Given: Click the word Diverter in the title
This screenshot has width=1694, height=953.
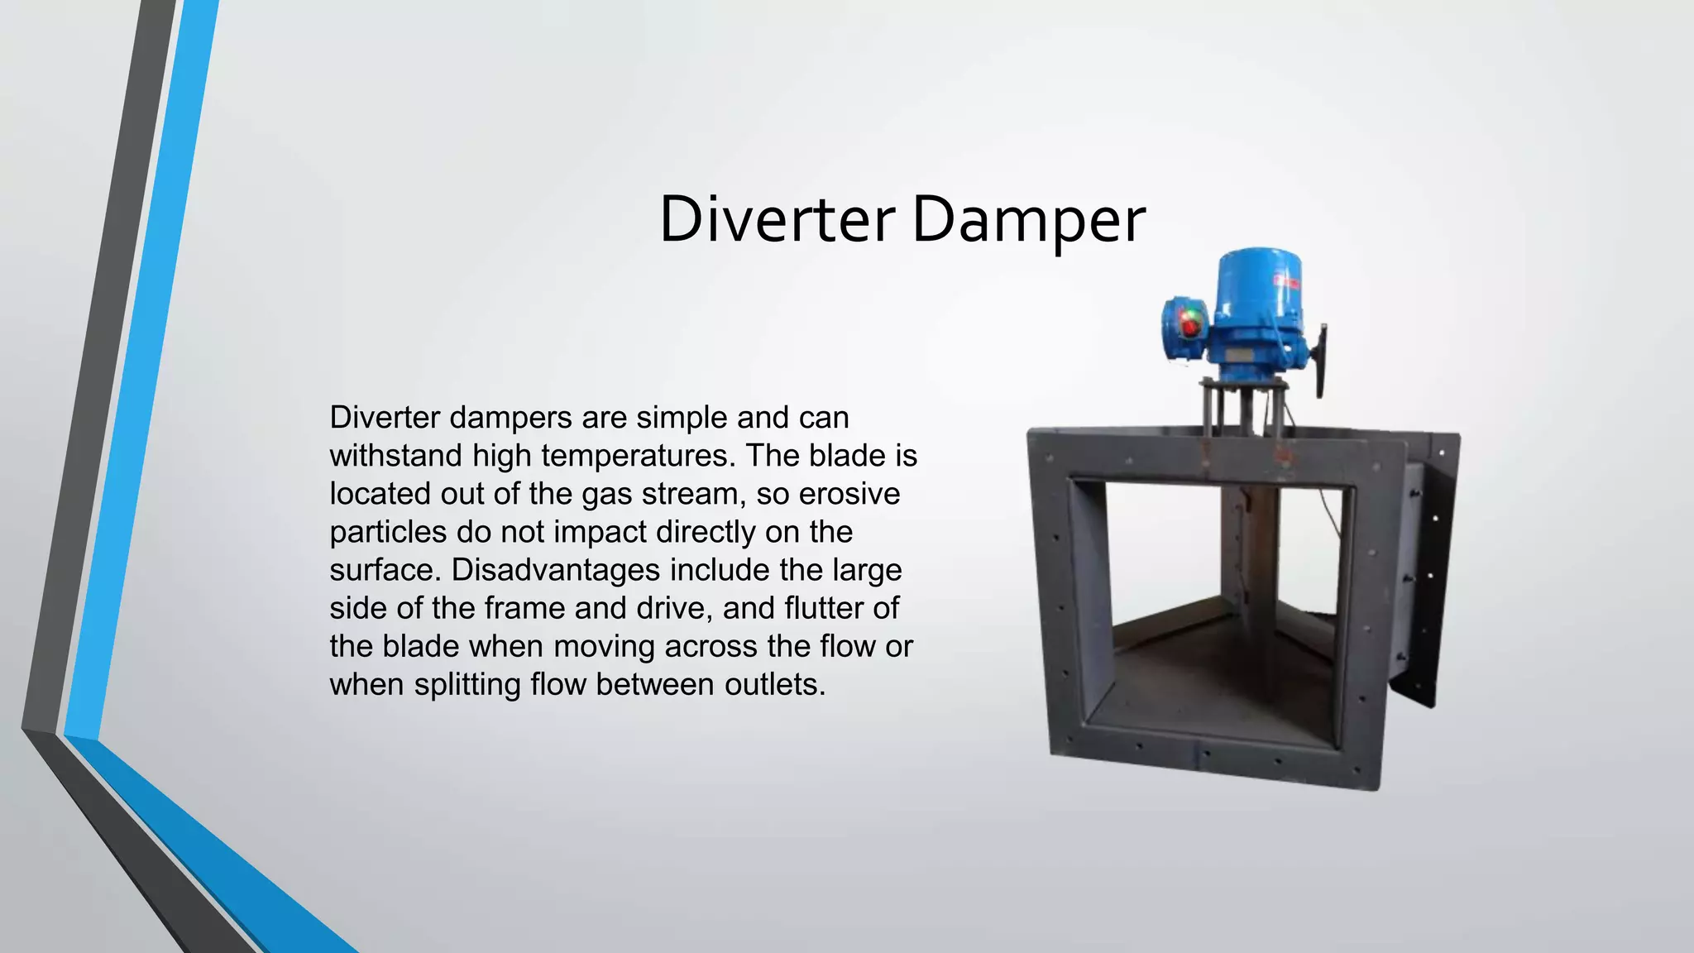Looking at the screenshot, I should click(x=776, y=220).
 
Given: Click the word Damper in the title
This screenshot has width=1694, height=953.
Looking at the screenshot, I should click(x=1028, y=220).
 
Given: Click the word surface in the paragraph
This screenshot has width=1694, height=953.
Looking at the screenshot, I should click(x=383, y=570).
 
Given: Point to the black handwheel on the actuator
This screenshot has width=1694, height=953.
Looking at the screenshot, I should click(x=1322, y=360).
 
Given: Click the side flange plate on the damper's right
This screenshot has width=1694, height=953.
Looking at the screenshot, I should click(x=1435, y=571).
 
